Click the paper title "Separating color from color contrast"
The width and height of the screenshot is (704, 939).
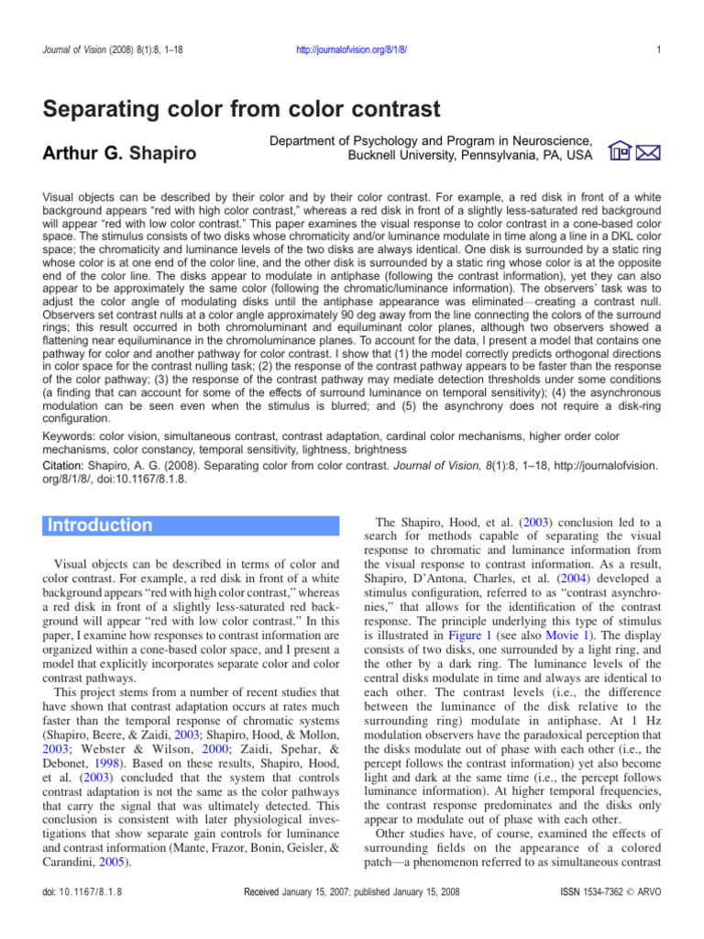tap(243, 110)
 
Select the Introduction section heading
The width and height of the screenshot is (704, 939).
tap(101, 525)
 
